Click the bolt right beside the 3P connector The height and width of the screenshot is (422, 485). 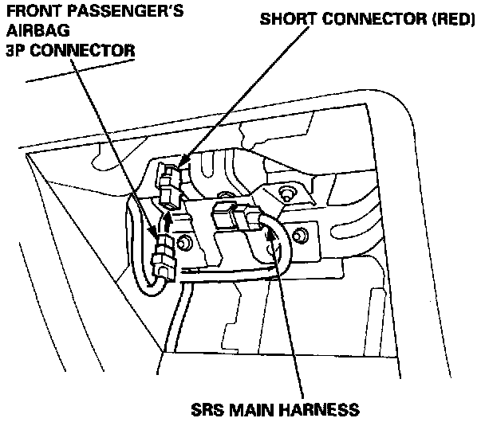pos(185,242)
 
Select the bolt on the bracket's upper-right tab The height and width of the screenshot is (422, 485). pos(285,192)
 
